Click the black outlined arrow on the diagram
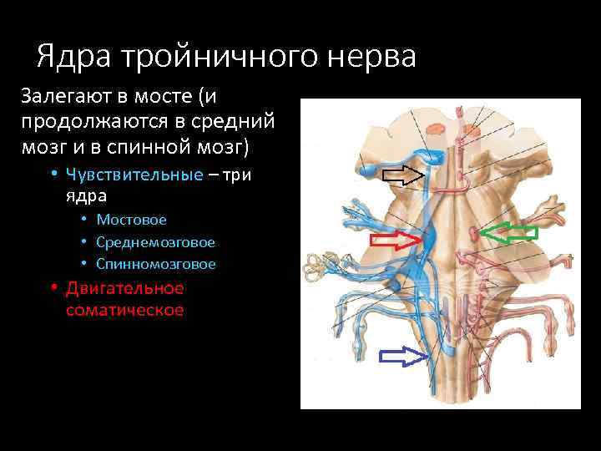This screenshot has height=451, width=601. coord(404,175)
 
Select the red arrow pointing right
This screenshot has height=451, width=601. coord(396,241)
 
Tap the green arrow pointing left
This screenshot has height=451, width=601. coord(511,233)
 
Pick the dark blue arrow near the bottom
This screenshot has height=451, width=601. coord(403,357)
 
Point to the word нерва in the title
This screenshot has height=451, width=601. coord(377,57)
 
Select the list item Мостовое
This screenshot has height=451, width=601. coord(131,220)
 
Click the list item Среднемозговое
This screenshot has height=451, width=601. coord(155,242)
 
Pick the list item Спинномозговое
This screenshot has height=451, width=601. coord(155,264)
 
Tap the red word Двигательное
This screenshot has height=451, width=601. coord(124,288)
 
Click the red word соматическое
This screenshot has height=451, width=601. coord(124,310)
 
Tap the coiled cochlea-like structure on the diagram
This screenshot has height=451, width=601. coord(318,266)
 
